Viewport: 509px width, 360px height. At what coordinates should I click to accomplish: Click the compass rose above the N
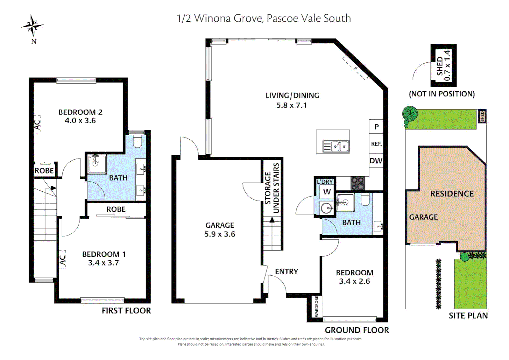click(32, 26)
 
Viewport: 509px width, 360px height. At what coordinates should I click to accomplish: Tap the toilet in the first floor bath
click(137, 141)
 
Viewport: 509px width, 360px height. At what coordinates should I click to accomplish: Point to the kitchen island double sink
click(336, 146)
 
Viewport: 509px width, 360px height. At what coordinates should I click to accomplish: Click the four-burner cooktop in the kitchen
click(358, 183)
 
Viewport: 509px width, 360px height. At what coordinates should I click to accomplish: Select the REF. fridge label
click(376, 144)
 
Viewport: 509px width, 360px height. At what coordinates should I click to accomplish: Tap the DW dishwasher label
click(376, 161)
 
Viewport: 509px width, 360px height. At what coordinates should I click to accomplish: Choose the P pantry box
click(376, 127)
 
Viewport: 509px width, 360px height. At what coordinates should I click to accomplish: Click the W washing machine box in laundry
click(327, 192)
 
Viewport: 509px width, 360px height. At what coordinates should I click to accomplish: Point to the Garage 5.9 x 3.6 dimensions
click(220, 234)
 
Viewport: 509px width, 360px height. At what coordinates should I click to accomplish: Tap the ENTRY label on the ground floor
click(286, 272)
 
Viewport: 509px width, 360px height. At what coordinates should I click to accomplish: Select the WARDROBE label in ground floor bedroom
click(316, 307)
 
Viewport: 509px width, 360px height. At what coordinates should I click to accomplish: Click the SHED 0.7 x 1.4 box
click(443, 65)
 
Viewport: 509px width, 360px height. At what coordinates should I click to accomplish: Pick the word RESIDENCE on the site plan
click(452, 194)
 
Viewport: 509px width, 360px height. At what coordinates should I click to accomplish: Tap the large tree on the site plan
click(410, 114)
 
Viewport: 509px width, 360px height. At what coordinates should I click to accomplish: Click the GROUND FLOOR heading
click(357, 330)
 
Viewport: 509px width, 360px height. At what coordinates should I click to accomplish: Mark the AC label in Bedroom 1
click(62, 260)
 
